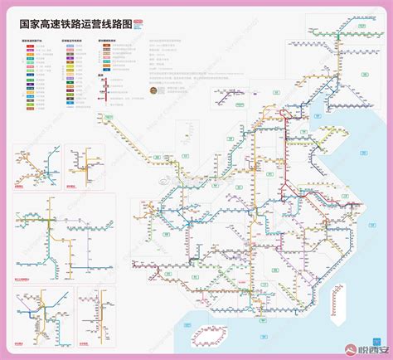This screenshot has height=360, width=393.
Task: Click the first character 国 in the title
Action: tap(26, 23)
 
